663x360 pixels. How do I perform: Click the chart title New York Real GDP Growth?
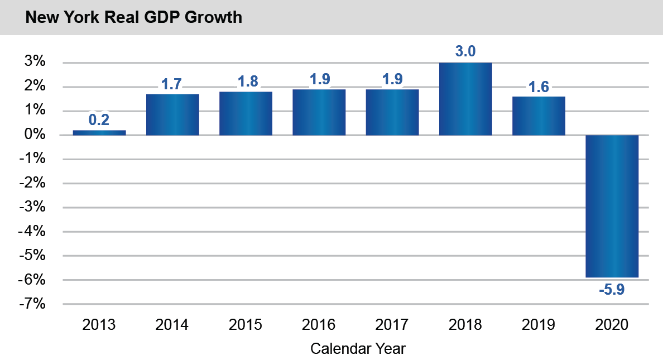click(134, 17)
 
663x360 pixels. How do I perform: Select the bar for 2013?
click(99, 132)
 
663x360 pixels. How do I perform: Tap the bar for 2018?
click(465, 99)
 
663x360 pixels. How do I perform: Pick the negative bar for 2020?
click(612, 206)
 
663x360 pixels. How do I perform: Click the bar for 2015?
click(246, 113)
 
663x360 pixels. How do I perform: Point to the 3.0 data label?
click(465, 52)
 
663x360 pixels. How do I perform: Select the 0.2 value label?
click(99, 119)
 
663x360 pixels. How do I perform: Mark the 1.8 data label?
click(246, 81)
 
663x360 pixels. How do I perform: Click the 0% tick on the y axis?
click(34, 135)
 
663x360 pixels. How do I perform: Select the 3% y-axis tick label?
click(34, 62)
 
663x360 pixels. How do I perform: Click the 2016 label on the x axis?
click(319, 325)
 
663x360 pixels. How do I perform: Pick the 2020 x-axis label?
click(612, 325)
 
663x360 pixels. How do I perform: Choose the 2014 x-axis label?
click(172, 325)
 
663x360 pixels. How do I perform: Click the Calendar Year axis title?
click(358, 349)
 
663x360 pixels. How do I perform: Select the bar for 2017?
click(392, 112)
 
